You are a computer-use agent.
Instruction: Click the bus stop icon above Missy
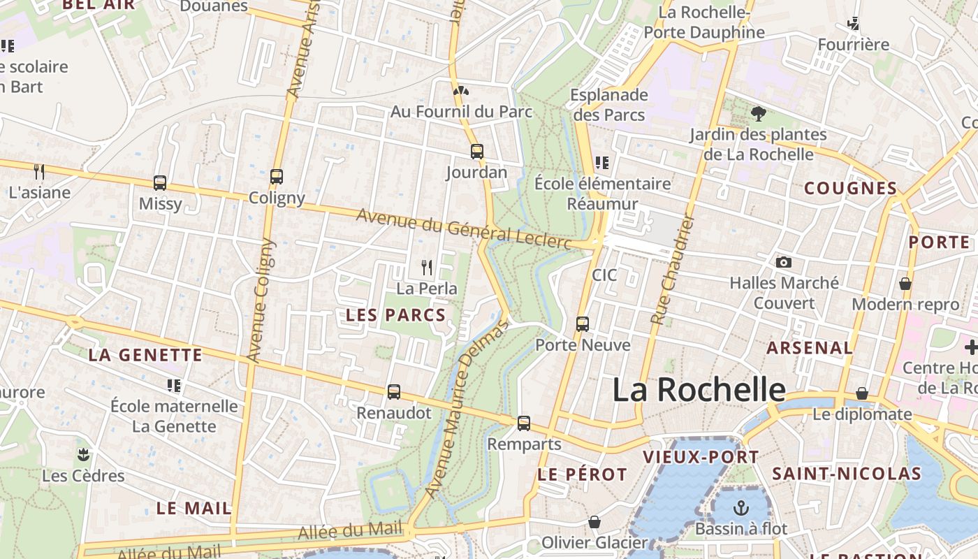click(x=160, y=183)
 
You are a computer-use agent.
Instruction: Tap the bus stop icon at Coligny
click(x=277, y=177)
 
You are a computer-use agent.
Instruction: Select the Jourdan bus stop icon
click(x=477, y=152)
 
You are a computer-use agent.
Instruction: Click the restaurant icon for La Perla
click(x=427, y=267)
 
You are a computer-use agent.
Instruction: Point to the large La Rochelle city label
click(x=699, y=390)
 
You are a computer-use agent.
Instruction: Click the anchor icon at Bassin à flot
click(x=740, y=508)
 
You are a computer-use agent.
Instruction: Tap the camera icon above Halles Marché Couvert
click(x=784, y=263)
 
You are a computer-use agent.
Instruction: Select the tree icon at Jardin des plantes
click(x=758, y=113)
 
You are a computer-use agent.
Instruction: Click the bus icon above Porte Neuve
click(x=583, y=324)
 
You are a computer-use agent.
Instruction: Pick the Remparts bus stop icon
click(x=524, y=423)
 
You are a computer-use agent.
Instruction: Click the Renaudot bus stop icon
click(x=394, y=392)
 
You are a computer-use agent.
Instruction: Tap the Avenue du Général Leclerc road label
click(x=464, y=228)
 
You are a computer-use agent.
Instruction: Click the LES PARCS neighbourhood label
click(x=396, y=315)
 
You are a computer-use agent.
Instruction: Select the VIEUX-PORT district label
click(x=701, y=458)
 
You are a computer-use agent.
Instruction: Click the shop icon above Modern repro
click(x=905, y=284)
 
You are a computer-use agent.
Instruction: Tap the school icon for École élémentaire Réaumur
click(x=602, y=163)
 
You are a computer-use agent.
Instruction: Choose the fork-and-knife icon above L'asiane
click(x=39, y=171)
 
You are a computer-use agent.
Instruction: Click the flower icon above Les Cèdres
click(x=83, y=455)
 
